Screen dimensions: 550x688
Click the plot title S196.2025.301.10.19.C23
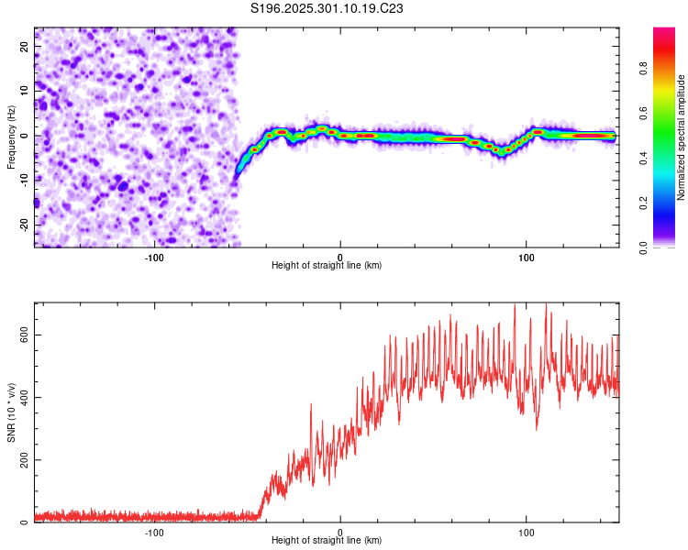click(327, 9)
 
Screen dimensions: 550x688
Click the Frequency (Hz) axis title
click(11, 137)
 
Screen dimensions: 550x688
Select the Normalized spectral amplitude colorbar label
click(681, 137)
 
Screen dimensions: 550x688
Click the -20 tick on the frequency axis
click(24, 225)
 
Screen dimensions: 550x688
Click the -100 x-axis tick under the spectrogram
click(154, 257)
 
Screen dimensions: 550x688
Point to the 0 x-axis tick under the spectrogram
click(340, 257)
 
